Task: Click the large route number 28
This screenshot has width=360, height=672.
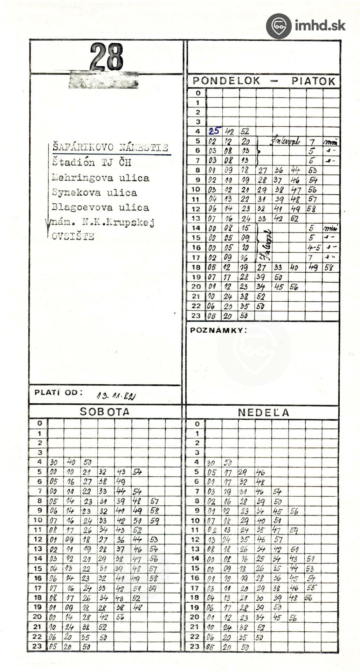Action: click(x=106, y=57)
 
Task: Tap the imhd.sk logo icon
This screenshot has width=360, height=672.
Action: click(x=278, y=26)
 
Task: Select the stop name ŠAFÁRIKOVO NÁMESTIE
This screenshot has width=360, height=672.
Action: click(x=110, y=147)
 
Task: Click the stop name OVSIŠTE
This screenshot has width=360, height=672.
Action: click(x=73, y=236)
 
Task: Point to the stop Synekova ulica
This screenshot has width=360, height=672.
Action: click(x=95, y=192)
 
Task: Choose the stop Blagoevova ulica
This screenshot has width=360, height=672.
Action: click(x=101, y=207)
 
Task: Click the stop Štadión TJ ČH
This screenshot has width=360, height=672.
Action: click(x=92, y=162)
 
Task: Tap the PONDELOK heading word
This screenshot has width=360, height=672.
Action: click(x=227, y=81)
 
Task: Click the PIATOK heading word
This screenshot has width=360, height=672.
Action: click(x=313, y=81)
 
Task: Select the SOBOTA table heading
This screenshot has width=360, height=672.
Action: click(x=105, y=412)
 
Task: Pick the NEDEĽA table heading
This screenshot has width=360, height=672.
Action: click(x=264, y=412)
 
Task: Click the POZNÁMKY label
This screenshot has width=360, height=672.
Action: click(x=218, y=330)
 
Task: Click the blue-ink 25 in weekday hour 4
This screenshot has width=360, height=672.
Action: click(x=214, y=131)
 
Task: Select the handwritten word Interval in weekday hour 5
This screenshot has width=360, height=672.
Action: click(x=285, y=141)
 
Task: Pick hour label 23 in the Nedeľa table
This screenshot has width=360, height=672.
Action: click(x=195, y=646)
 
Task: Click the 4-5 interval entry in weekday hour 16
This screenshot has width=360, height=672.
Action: click(x=314, y=248)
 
